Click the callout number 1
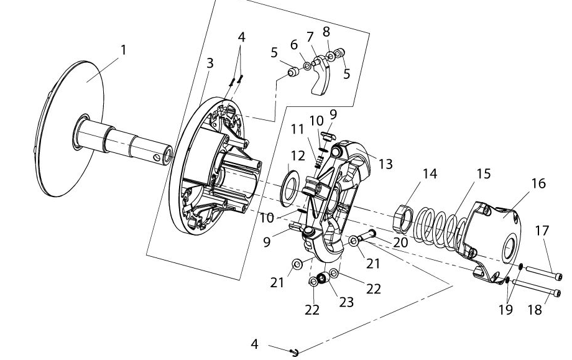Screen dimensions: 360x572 tap(123, 50)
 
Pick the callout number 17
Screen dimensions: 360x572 tap(542, 231)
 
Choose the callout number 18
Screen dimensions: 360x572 tap(535, 310)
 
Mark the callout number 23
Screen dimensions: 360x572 tap(346, 302)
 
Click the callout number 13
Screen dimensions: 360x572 tap(385, 164)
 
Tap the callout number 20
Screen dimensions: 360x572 tap(400, 242)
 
